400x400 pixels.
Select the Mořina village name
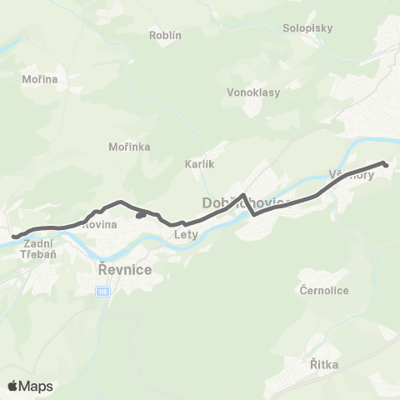click(40, 79)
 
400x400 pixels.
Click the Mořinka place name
click(129, 147)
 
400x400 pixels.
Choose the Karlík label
click(200, 165)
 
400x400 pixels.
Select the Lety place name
click(185, 234)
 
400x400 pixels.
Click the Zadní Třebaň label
click(39, 247)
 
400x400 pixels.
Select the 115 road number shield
click(102, 292)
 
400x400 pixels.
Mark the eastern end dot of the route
click(385, 164)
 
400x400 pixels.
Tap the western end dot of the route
click(14, 237)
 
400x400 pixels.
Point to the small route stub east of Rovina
click(141, 216)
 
